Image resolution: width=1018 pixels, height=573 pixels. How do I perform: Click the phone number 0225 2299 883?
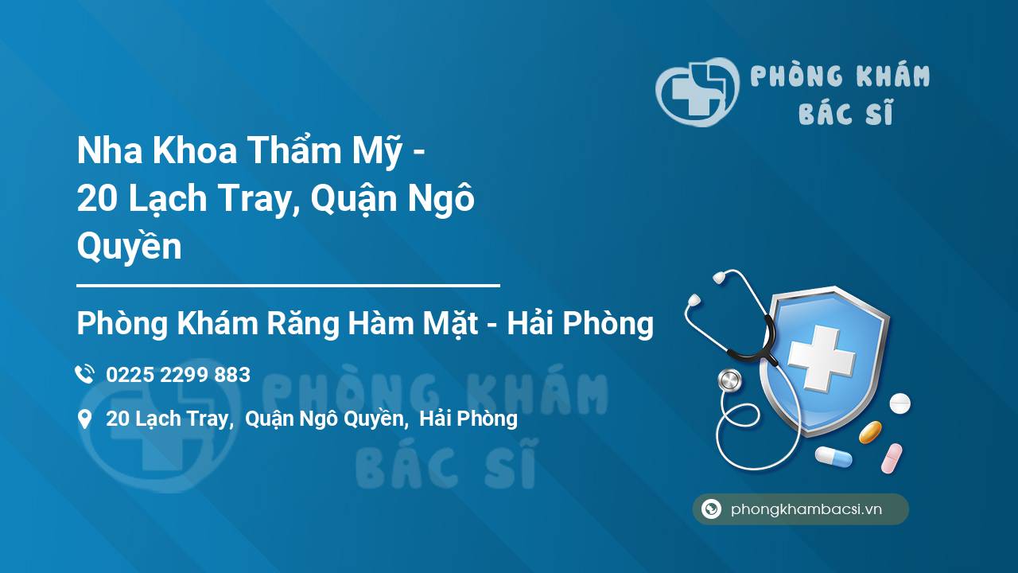(178, 375)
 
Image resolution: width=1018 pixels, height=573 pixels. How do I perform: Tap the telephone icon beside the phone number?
(84, 375)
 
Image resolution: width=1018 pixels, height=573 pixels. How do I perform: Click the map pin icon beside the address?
(84, 419)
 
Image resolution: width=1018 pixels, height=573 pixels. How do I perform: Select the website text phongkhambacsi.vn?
(806, 509)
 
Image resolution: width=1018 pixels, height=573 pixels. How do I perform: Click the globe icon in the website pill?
(711, 509)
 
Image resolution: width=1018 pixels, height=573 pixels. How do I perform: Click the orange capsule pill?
(870, 432)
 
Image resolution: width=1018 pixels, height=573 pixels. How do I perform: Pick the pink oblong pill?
(892, 458)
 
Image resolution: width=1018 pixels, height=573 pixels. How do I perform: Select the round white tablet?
(899, 403)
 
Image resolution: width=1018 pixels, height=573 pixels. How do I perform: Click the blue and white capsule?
(833, 457)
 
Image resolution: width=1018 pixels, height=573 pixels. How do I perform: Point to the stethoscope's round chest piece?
(729, 380)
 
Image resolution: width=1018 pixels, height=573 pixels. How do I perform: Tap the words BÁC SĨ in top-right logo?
(845, 114)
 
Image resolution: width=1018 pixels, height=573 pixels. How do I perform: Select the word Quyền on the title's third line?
(129, 247)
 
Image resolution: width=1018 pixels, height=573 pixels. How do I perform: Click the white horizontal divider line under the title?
(288, 284)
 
